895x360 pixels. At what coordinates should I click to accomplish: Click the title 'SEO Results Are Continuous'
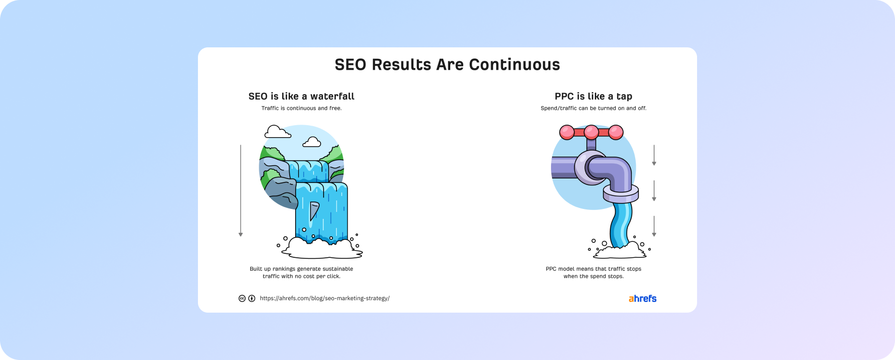pyautogui.click(x=447, y=65)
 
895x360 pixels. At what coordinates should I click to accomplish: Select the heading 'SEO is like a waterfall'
pyautogui.click(x=301, y=96)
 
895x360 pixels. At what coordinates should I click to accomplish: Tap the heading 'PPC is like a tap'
pyautogui.click(x=593, y=96)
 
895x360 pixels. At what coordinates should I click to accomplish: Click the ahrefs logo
pyautogui.click(x=642, y=299)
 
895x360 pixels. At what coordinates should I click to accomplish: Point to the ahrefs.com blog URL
pyautogui.click(x=325, y=298)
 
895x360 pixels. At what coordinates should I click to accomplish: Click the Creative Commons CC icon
pyautogui.click(x=242, y=298)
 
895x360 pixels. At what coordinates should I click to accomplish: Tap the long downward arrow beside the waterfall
pyautogui.click(x=240, y=190)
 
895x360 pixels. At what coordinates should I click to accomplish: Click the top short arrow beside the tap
pyautogui.click(x=654, y=155)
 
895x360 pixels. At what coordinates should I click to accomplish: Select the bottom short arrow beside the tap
pyautogui.click(x=654, y=226)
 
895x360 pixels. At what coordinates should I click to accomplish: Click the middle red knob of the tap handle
pyautogui.click(x=591, y=132)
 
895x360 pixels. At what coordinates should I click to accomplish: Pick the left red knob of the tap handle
pyautogui.click(x=567, y=132)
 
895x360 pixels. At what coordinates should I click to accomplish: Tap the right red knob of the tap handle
pyautogui.click(x=616, y=132)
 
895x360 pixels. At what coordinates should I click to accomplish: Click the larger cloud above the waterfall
pyautogui.click(x=278, y=132)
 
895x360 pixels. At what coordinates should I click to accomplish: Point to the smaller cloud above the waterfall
pyautogui.click(x=312, y=142)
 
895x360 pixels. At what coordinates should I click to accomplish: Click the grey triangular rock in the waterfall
pyautogui.click(x=314, y=210)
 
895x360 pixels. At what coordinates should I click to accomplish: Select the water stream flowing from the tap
pyautogui.click(x=621, y=224)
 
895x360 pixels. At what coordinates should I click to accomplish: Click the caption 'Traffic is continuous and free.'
pyautogui.click(x=301, y=108)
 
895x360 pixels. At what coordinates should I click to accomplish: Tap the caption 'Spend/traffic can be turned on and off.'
pyautogui.click(x=593, y=108)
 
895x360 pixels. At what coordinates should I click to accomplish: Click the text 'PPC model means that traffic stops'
pyautogui.click(x=593, y=269)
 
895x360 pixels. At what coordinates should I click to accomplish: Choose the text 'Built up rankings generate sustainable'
pyautogui.click(x=301, y=269)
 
